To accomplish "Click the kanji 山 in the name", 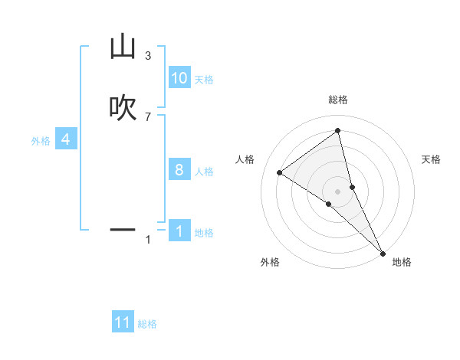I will tap(122, 47).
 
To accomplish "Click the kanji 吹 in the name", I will tap(122, 108).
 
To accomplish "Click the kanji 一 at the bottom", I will tap(122, 229).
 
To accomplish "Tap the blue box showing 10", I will tap(179, 78).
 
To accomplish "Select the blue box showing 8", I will tap(179, 170).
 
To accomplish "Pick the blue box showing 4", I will tap(66, 139).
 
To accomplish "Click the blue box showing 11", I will tap(123, 322).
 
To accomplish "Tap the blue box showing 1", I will tap(179, 231).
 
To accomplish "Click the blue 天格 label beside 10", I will tap(204, 80).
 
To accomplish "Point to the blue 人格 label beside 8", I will tap(204, 172).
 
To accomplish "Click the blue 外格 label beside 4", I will tap(41, 141).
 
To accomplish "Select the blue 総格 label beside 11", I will tap(147, 324).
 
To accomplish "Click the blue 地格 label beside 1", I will tap(204, 233).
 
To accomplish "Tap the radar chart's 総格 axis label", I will tap(338, 100).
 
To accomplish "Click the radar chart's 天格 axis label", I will tap(432, 159).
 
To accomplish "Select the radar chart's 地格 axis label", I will tap(402, 263).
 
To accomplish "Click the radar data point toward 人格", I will tap(279, 172).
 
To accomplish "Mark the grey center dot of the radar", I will tap(338, 191).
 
